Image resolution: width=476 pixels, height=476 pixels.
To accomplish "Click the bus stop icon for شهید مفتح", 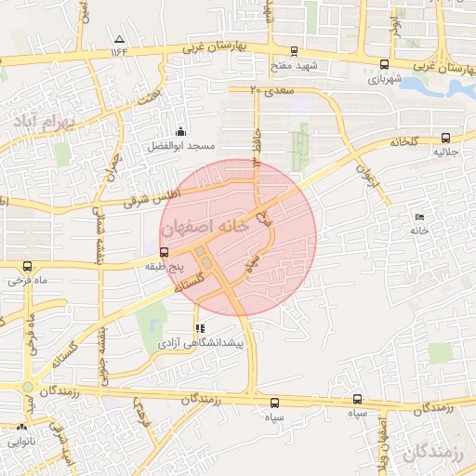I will point(295,52).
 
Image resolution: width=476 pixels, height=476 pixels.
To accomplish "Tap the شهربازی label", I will point(383,78).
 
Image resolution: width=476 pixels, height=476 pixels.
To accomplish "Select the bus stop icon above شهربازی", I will point(384,64).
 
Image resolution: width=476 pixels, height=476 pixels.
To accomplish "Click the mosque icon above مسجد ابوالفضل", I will point(180,132).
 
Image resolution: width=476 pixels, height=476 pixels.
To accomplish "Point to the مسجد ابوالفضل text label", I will point(178,147).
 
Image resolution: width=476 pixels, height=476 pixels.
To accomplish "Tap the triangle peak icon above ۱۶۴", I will point(119,39).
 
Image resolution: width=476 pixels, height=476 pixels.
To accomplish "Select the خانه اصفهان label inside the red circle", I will point(205,226).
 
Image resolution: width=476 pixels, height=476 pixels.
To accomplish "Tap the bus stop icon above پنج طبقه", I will point(164,252).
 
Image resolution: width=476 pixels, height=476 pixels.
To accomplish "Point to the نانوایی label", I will point(21,443).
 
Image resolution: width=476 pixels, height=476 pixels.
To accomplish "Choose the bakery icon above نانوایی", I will point(21,429).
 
